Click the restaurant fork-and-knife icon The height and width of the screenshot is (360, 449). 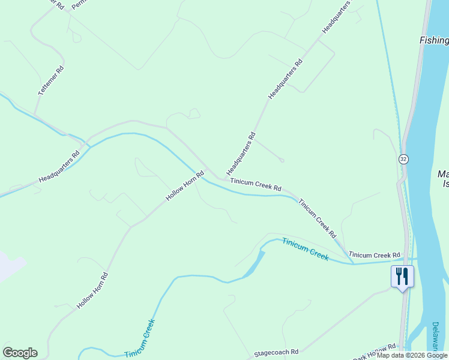pos(402,276)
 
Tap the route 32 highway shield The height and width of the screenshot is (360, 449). pos(403,159)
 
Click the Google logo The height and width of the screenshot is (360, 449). pos(20,353)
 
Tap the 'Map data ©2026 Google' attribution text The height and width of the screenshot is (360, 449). pos(412,355)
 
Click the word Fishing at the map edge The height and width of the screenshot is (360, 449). pos(433,40)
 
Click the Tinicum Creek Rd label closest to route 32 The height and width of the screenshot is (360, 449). pos(375,255)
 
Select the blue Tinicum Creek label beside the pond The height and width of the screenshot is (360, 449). pos(306,249)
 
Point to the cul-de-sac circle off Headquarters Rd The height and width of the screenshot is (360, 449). pos(282,160)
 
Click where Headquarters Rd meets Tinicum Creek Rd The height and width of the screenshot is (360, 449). pos(224,178)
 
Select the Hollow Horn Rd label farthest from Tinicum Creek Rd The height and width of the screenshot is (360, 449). pos(92,291)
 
